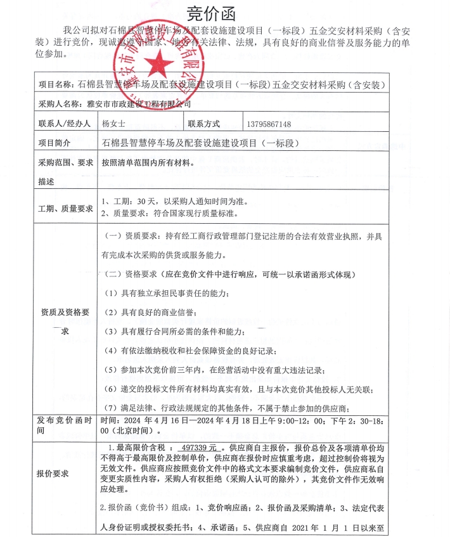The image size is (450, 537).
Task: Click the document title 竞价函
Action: [210, 13]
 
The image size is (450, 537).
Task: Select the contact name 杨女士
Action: [115, 124]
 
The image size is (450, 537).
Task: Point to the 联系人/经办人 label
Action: [65, 124]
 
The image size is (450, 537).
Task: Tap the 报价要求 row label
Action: [54, 474]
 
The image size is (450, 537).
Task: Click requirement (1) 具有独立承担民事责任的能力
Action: [166, 293]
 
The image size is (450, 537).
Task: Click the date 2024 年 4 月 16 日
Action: [155, 420]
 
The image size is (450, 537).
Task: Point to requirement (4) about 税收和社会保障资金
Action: [190, 351]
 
